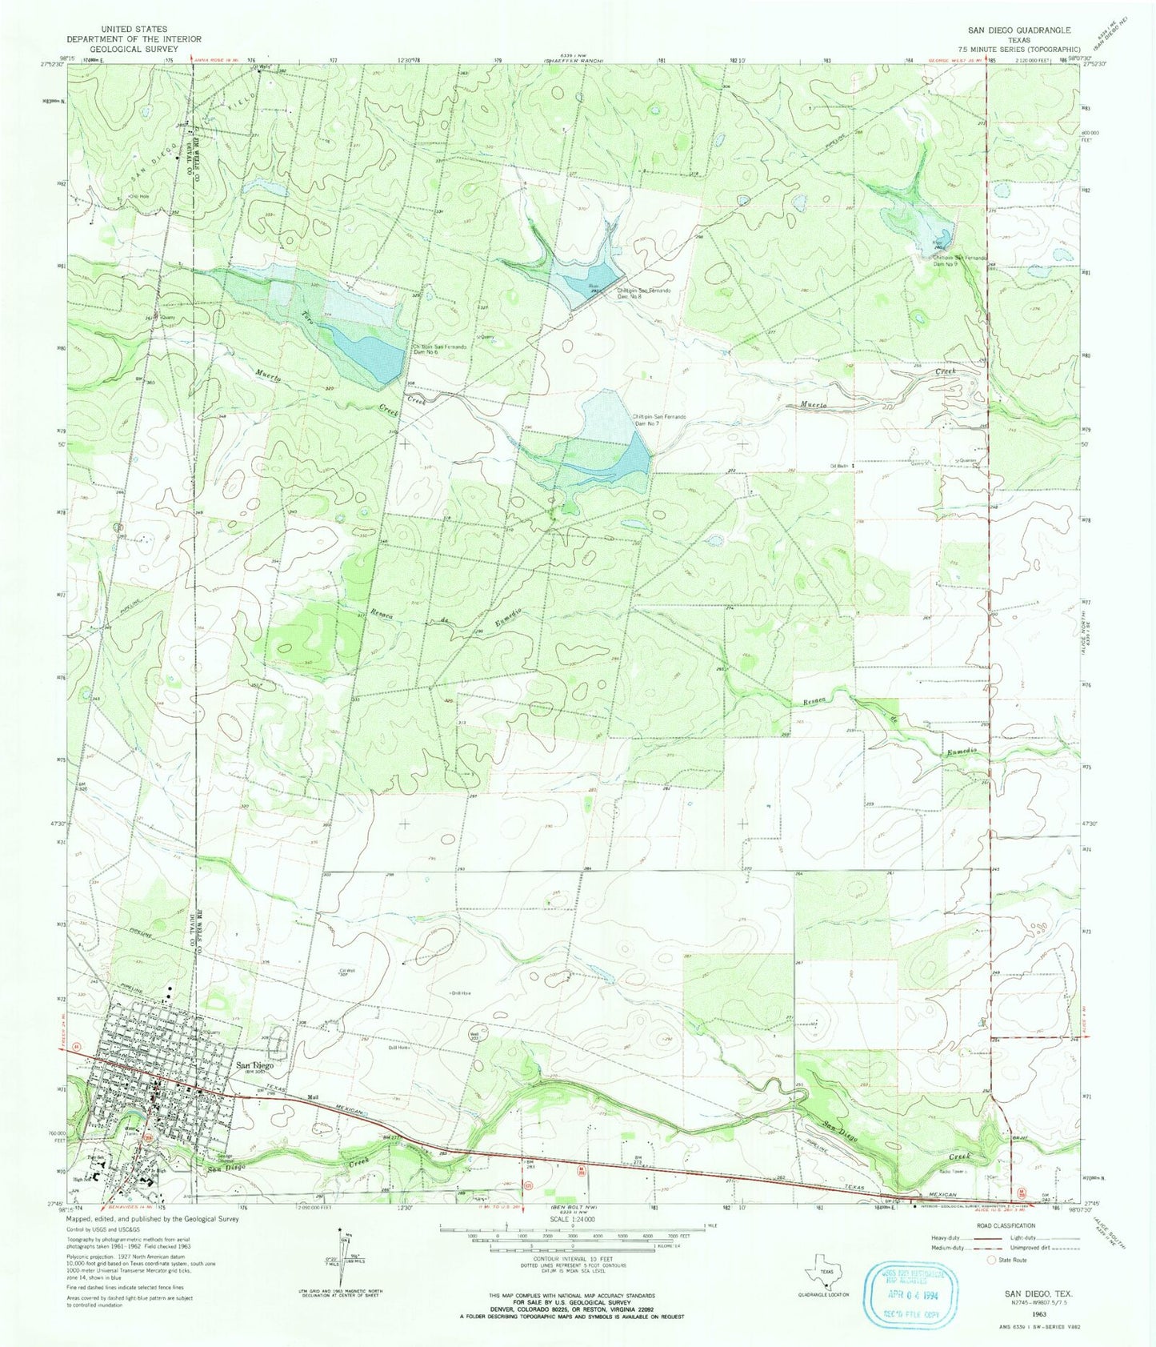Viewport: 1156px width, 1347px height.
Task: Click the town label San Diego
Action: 254,1065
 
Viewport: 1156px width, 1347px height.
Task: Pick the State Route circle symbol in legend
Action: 994,1259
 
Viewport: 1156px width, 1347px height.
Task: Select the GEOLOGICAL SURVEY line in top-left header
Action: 134,49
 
